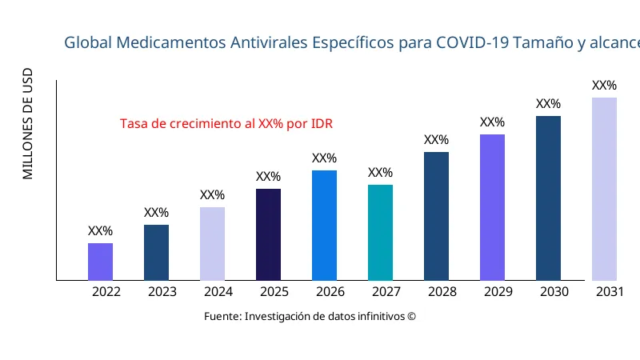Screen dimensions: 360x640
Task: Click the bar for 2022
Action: pos(100,262)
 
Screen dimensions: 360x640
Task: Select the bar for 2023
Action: pos(156,253)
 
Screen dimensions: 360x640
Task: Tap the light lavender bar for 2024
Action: pos(212,244)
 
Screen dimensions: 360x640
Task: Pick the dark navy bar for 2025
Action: pos(268,234)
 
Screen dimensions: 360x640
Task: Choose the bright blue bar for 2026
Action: pos(324,226)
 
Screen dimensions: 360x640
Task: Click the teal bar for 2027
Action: pos(380,233)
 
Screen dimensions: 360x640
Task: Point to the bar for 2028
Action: pos(436,216)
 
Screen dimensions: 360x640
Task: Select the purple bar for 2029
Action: pos(492,207)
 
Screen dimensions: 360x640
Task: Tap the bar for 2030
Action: pos(548,198)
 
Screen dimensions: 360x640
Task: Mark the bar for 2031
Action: pos(604,189)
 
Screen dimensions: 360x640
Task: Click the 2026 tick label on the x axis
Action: pos(330,292)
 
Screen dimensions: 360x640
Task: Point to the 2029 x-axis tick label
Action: pos(498,292)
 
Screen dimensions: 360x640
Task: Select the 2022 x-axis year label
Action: pos(106,292)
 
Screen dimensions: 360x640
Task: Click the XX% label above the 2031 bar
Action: pos(604,86)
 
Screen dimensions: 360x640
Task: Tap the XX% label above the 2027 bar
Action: pos(380,173)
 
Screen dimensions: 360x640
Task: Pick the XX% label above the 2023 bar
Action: pos(156,213)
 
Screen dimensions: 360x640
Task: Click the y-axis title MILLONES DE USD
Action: pos(28,125)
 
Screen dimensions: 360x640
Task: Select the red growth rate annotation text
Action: pos(226,124)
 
